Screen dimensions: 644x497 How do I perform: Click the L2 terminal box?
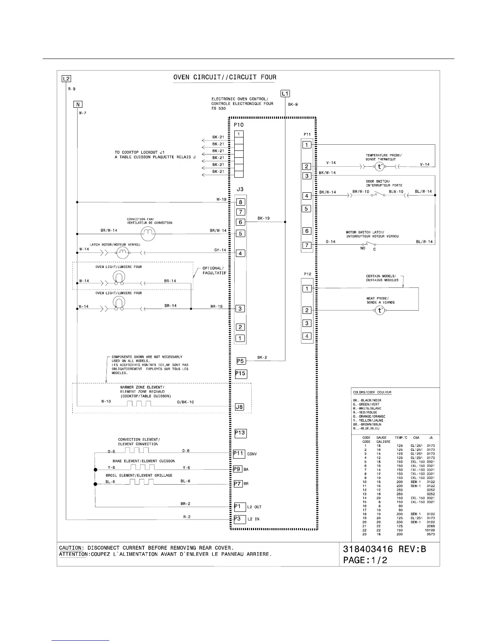pos(66,79)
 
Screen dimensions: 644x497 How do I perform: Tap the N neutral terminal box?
pos(78,104)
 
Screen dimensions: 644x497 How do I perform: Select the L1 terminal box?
pos(285,94)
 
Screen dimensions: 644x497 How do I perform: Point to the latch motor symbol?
pos(122,253)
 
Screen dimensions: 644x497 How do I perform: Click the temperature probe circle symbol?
pos(379,166)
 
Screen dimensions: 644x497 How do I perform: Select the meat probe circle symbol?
pos(380,311)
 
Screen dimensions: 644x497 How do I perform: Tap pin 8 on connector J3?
pos(240,202)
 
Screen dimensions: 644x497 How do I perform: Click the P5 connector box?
pos(241,361)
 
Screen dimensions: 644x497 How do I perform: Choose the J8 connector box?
pos(240,407)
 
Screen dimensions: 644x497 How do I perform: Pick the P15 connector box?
pos(241,374)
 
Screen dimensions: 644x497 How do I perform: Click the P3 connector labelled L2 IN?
pos(240,519)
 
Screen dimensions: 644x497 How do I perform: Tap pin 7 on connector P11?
pos(307,245)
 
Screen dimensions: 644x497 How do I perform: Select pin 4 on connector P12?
pos(307,336)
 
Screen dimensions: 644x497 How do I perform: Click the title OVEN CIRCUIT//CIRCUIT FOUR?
pos(225,77)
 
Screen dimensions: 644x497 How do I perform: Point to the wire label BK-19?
pos(264,218)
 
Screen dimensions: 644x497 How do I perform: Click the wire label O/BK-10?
pos(186,402)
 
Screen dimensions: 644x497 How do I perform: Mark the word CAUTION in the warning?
pos(71,548)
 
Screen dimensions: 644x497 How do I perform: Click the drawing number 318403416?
pos(368,549)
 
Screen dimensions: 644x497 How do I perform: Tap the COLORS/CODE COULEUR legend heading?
pos(372,392)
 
